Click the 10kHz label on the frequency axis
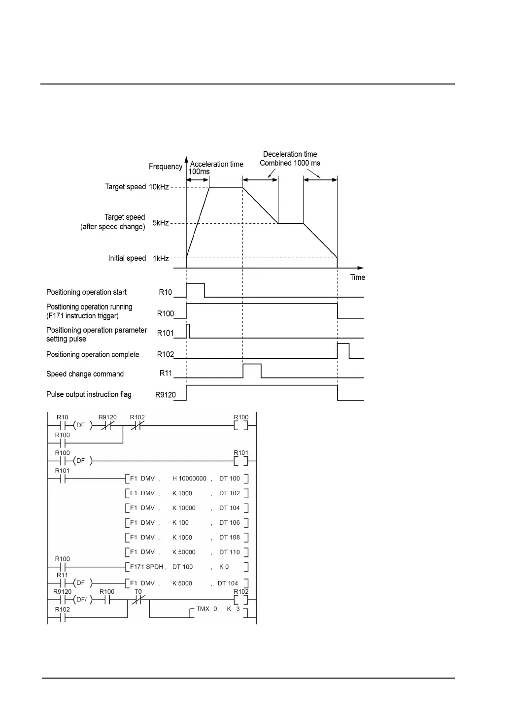point(159,187)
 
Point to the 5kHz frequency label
point(161,223)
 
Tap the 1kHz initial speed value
point(161,258)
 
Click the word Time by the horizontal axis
point(357,277)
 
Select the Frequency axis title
point(166,167)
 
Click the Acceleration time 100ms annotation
point(216,168)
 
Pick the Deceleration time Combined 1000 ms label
point(290,159)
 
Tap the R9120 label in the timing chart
point(166,395)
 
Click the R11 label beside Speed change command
point(166,373)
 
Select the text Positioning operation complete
point(93,355)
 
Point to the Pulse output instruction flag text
point(89,395)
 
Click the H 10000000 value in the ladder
point(189,479)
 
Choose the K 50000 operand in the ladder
point(184,552)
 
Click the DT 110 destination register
point(229,552)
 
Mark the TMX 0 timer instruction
point(207,609)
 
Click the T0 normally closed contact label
point(138,592)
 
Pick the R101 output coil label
point(241,453)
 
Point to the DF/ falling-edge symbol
point(80,600)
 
